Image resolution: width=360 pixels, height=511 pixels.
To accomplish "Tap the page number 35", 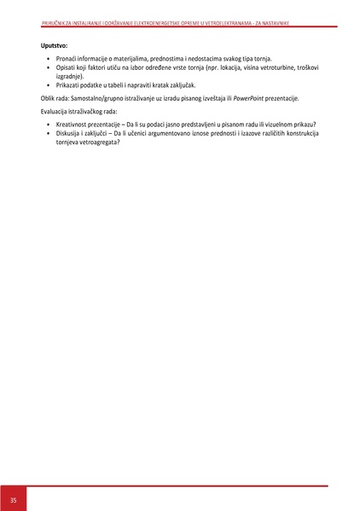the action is [x=13, y=498].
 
